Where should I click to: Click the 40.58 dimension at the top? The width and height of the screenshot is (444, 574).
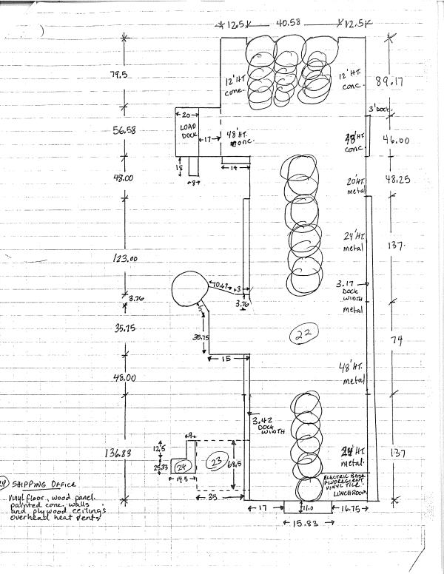(x=290, y=24)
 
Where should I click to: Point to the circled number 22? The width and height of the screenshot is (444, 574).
(x=304, y=334)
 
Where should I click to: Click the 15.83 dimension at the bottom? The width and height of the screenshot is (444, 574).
(x=301, y=523)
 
